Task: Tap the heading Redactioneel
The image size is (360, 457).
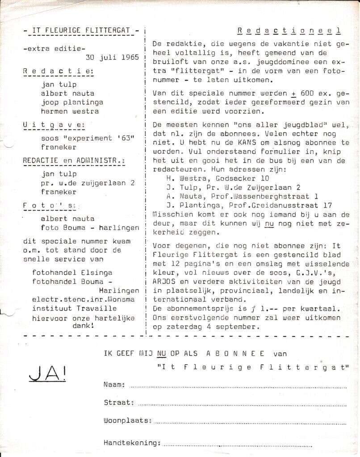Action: (x=289, y=30)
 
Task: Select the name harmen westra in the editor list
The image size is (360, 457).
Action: (x=70, y=111)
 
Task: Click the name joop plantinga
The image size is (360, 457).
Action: (x=72, y=102)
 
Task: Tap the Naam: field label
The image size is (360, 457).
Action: (x=114, y=384)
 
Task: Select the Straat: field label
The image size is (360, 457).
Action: (x=118, y=402)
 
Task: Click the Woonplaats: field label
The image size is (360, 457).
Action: (x=127, y=421)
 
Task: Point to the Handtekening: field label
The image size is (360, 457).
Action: (x=132, y=443)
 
